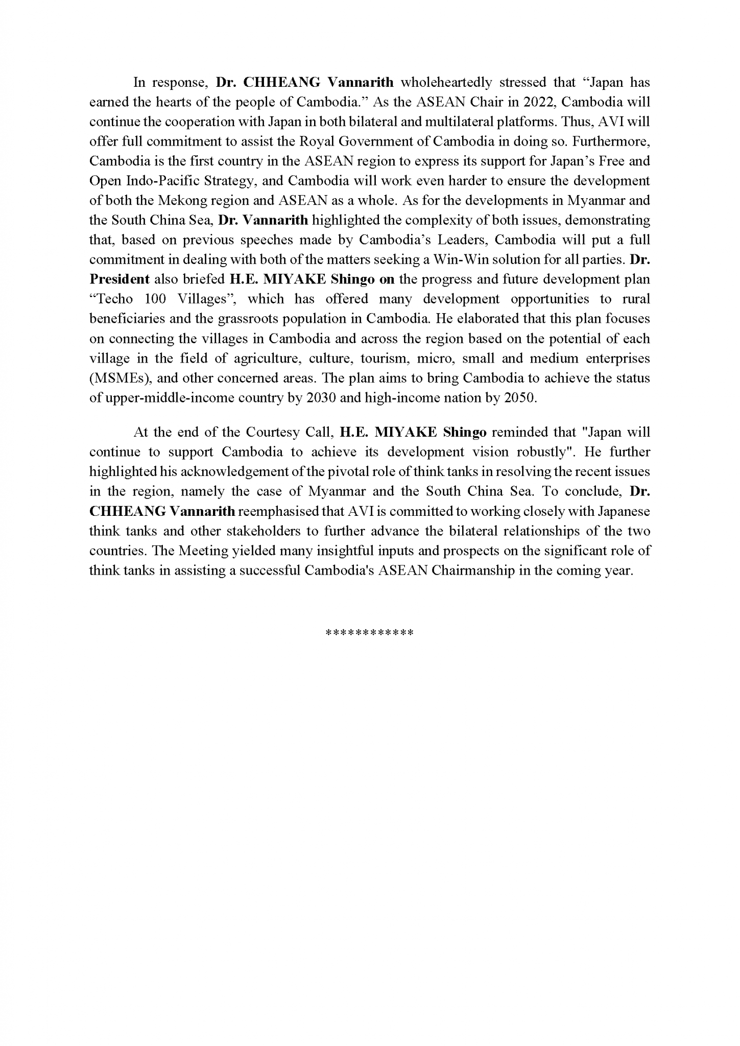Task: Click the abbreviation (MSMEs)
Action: click(x=120, y=378)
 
